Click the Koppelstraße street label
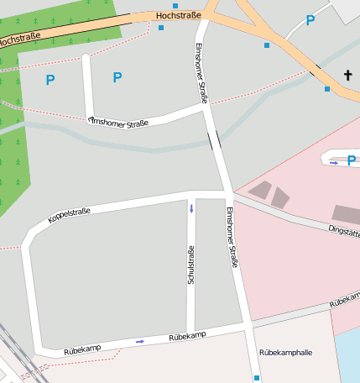pyautogui.click(x=69, y=215)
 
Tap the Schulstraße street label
pyautogui.click(x=191, y=264)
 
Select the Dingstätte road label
pyautogui.click(x=343, y=228)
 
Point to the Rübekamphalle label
pyautogui.click(x=285, y=352)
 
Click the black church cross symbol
pyautogui.click(x=348, y=76)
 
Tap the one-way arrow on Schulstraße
pyautogui.click(x=190, y=208)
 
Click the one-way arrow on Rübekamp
pyautogui.click(x=139, y=341)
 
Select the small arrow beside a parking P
pyautogui.click(x=333, y=162)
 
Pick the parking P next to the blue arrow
pyautogui.click(x=351, y=161)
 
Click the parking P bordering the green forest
pyautogui.click(x=50, y=81)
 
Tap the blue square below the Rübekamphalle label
pyautogui.click(x=257, y=378)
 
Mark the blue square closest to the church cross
pyautogui.click(x=327, y=88)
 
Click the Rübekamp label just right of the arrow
pyautogui.click(x=187, y=337)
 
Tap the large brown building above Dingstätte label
pyautogui.click(x=346, y=213)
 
